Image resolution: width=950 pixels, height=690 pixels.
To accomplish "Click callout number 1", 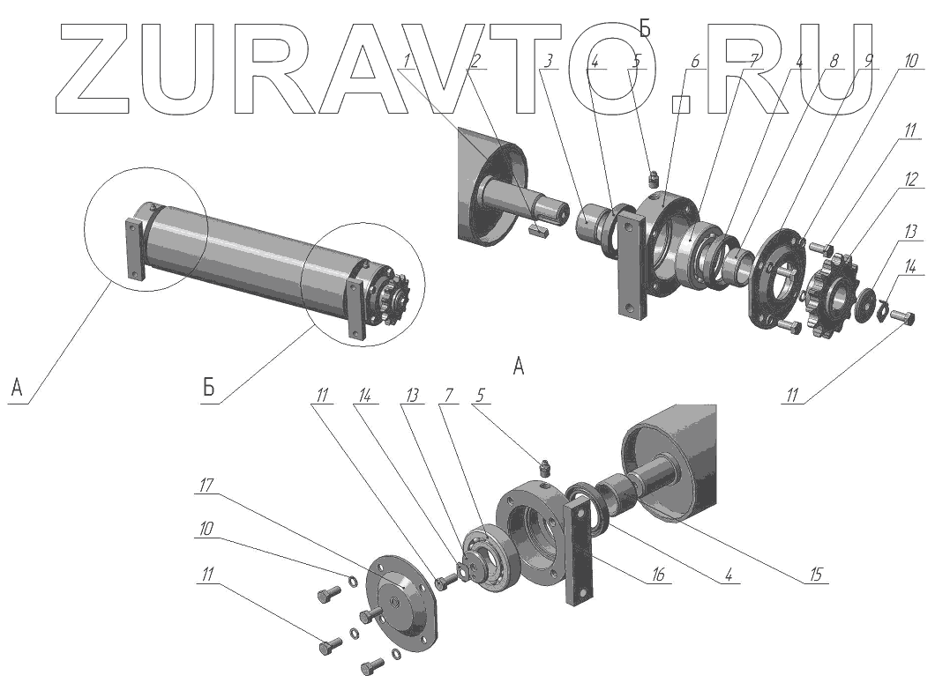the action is pos(407,61).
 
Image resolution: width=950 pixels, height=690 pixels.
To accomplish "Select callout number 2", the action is pos(475,61).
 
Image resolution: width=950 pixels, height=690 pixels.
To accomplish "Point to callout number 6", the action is pos(695,61).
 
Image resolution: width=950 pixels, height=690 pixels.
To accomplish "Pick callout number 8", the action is pos(834,61).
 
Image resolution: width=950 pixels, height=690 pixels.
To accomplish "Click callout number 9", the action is pos(868,61).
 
